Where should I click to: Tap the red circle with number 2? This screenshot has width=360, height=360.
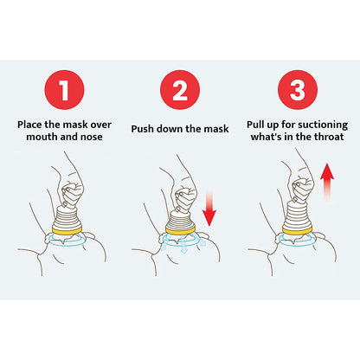179,89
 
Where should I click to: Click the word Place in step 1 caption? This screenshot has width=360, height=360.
32,124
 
